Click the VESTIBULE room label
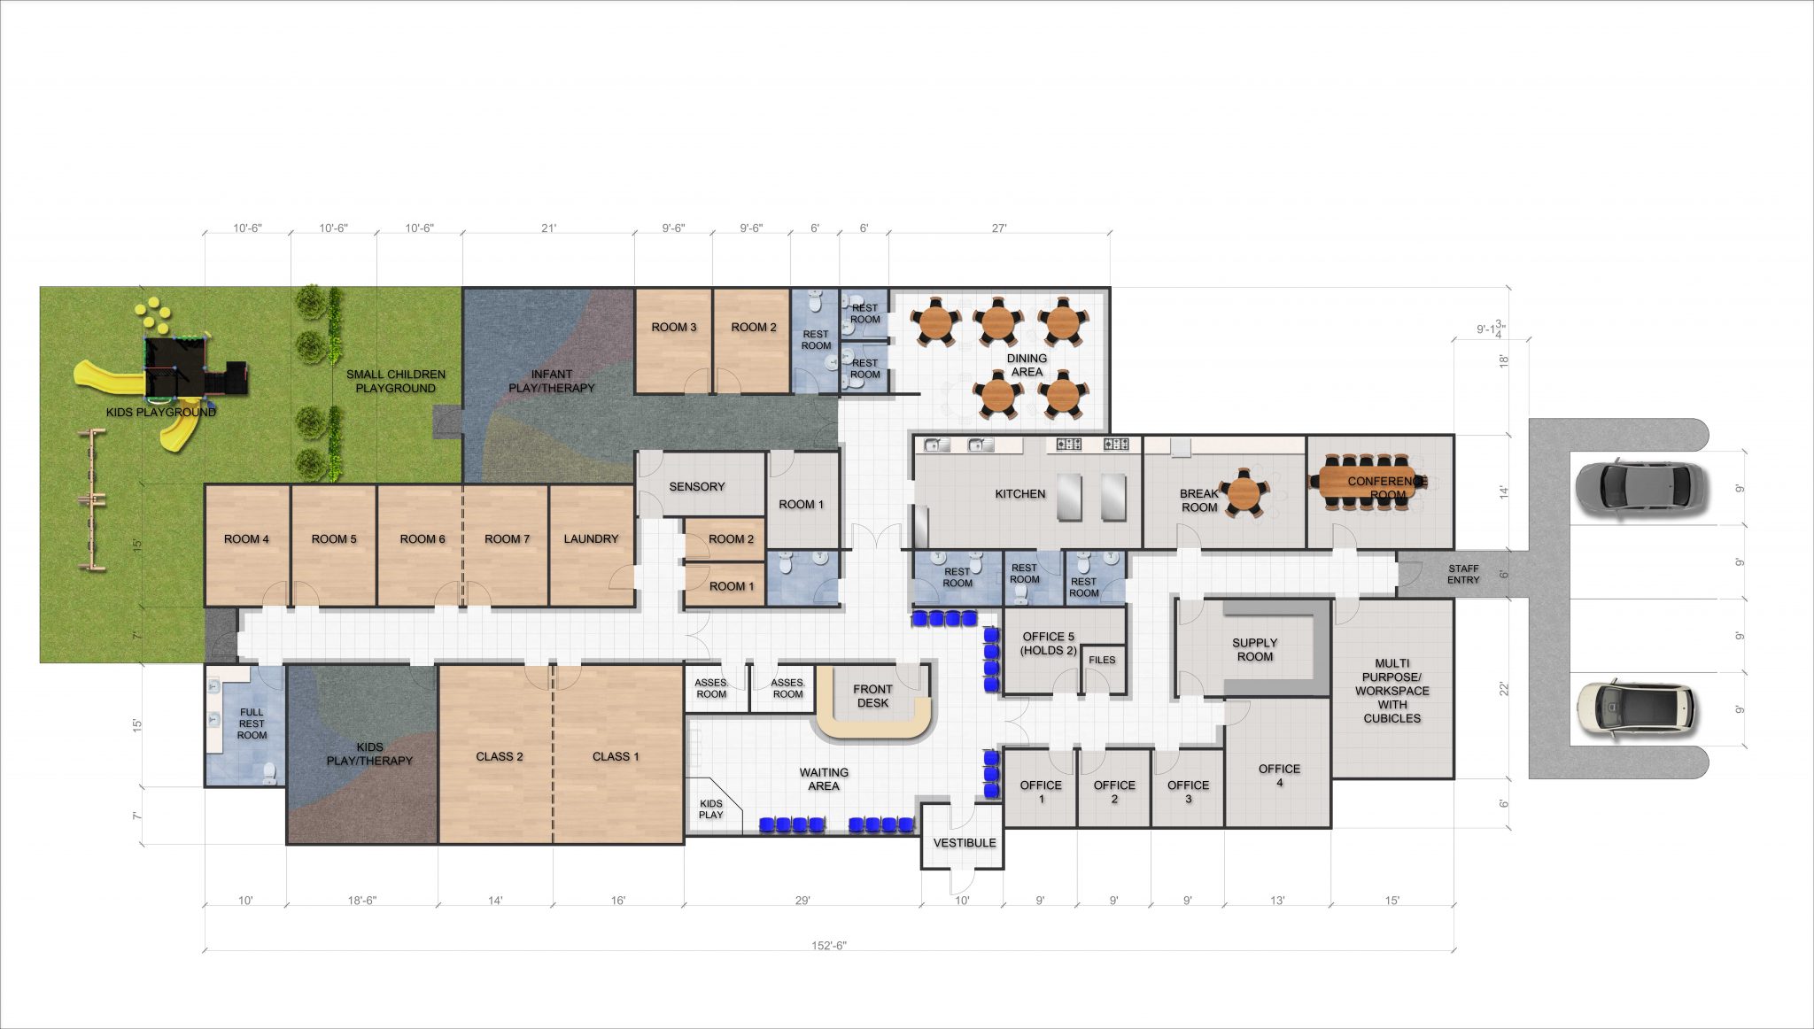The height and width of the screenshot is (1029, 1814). (x=965, y=843)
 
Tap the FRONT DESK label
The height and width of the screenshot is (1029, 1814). (x=872, y=696)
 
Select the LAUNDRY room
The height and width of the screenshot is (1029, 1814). (x=592, y=545)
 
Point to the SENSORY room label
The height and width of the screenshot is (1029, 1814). (x=697, y=487)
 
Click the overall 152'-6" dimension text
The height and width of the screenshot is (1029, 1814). (x=829, y=946)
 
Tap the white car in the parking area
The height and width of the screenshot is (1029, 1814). (x=1636, y=709)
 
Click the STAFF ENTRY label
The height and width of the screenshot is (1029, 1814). (x=1463, y=575)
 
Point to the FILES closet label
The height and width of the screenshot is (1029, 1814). (x=1102, y=661)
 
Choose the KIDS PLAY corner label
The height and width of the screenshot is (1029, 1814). (x=711, y=809)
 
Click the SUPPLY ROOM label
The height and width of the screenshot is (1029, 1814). (x=1255, y=650)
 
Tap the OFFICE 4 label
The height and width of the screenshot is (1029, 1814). (x=1280, y=776)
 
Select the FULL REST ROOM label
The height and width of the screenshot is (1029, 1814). (x=252, y=723)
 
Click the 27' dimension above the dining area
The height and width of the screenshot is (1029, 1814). (x=999, y=228)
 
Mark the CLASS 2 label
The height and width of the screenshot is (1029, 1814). (x=500, y=757)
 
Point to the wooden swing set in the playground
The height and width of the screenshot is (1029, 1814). (x=90, y=499)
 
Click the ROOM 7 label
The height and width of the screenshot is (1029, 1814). (x=508, y=539)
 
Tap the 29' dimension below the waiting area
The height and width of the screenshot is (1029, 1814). (x=802, y=901)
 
